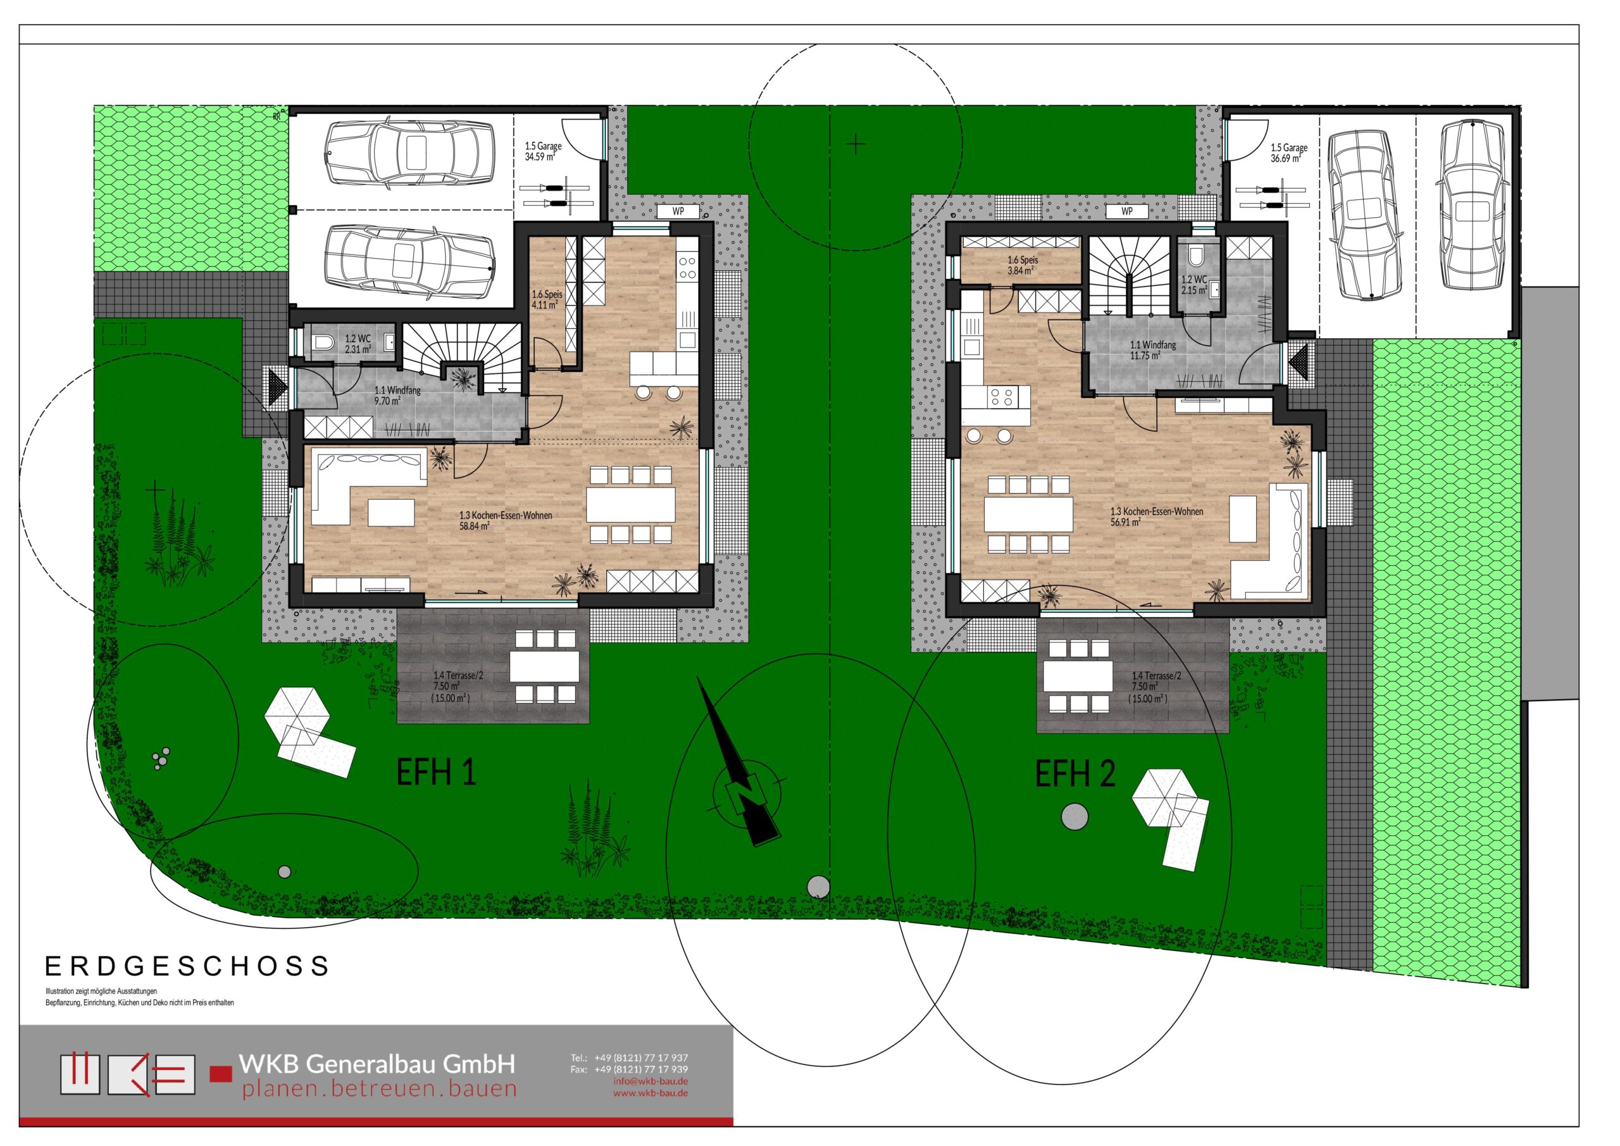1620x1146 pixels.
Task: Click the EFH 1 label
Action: (x=436, y=772)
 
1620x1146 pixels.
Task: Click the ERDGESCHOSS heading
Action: (x=187, y=966)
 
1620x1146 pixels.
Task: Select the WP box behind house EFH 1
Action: (x=678, y=211)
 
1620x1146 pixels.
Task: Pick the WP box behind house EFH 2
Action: (x=1127, y=211)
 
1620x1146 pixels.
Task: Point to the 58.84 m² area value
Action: (x=475, y=526)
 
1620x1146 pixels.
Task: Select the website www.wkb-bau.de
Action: (x=651, y=1093)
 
